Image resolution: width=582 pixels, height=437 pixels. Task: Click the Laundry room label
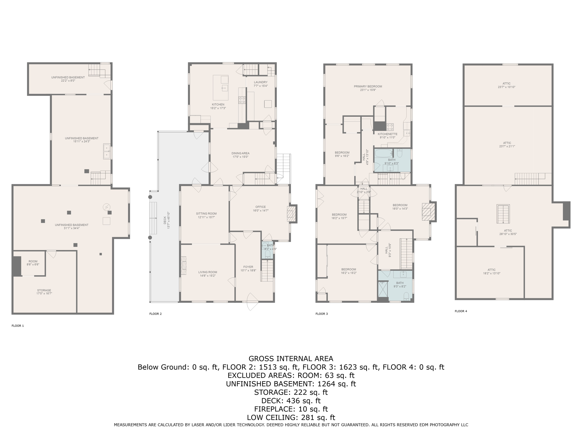(261, 82)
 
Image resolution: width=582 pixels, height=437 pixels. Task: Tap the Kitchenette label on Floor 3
(387, 134)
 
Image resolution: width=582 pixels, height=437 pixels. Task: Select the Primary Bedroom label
(368, 86)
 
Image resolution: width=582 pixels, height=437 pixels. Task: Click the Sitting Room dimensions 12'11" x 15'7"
(206, 217)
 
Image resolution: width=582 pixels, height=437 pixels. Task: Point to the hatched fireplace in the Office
(291, 214)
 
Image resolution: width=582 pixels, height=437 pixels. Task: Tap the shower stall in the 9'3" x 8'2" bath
(383, 289)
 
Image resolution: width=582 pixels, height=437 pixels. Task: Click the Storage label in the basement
(44, 290)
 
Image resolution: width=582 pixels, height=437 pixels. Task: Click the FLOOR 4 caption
(461, 311)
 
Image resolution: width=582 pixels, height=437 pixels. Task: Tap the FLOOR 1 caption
(18, 326)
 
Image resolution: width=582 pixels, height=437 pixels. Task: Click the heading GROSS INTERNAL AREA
(291, 358)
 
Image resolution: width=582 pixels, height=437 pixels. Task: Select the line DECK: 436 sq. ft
(291, 401)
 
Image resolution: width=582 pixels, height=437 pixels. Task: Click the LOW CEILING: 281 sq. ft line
(291, 418)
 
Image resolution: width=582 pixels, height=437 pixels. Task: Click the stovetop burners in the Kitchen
(242, 100)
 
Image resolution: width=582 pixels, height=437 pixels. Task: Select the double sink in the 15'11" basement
(107, 151)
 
